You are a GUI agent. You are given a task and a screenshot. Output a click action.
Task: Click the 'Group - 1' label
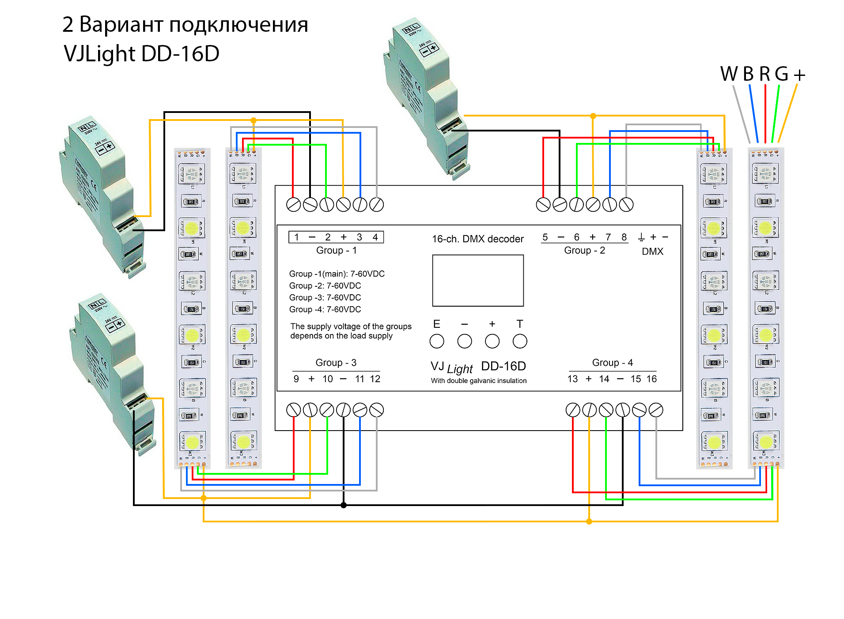tap(336, 251)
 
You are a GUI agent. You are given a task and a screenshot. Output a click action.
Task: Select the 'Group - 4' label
tap(612, 363)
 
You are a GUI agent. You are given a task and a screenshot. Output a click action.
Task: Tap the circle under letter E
tap(436, 341)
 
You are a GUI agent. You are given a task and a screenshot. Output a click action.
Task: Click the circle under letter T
tap(520, 341)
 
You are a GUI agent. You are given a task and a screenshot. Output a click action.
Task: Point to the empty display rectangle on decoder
tap(478, 281)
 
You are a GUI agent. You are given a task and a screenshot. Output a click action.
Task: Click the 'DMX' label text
tap(652, 251)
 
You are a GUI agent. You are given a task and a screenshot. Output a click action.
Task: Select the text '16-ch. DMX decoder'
tap(477, 239)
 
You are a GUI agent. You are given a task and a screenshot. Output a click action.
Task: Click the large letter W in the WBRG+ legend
tap(729, 74)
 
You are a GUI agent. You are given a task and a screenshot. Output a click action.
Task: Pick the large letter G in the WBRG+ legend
tap(781, 74)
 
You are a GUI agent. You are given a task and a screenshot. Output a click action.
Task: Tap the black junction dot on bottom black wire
tap(344, 505)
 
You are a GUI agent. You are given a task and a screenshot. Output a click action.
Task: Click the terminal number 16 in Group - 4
tap(651, 379)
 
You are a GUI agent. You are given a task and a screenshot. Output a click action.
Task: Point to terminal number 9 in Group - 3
tap(296, 379)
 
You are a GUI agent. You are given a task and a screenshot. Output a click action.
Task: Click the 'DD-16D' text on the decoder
tap(503, 366)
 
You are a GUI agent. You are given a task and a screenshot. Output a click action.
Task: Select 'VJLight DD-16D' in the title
tap(141, 54)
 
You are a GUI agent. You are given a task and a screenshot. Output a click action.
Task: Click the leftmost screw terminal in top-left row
tap(293, 205)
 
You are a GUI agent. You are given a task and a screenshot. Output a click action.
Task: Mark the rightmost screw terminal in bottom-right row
tap(656, 410)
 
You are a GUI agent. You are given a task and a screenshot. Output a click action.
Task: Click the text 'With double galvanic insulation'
tap(479, 381)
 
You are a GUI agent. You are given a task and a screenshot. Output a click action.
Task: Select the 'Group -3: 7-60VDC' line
tap(325, 298)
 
